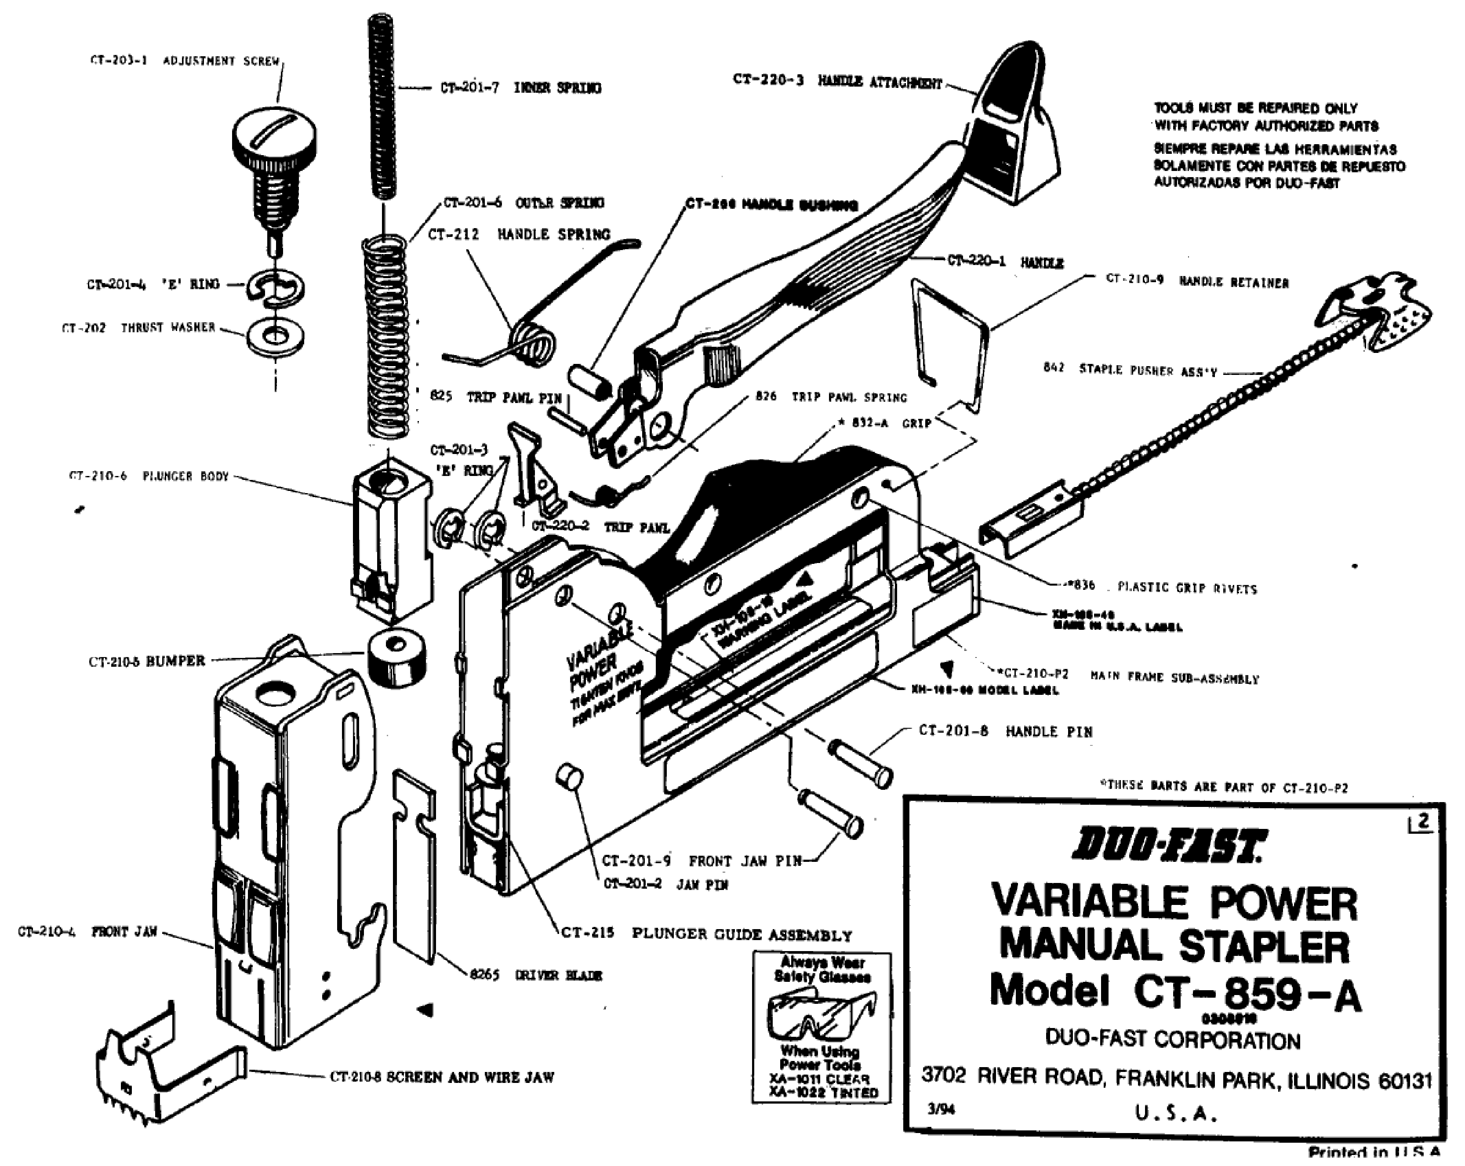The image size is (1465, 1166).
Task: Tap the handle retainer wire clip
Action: [x=951, y=340]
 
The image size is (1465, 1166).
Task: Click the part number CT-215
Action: [x=588, y=933]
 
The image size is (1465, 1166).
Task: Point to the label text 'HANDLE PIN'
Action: [x=1049, y=732]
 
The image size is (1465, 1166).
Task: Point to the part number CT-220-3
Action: [x=768, y=80]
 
